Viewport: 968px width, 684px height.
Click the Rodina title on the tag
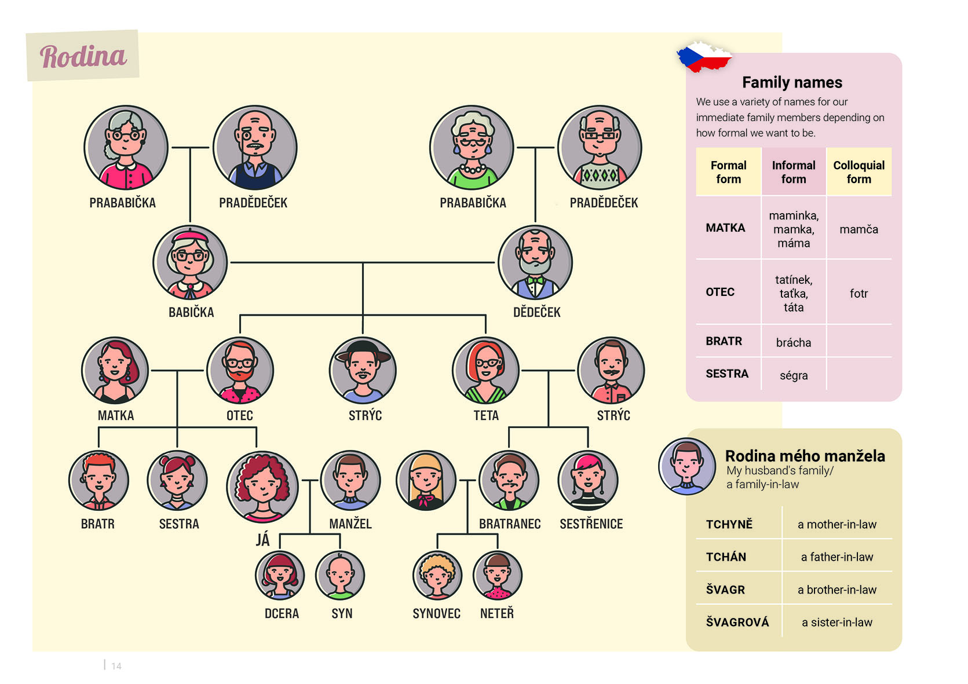click(83, 57)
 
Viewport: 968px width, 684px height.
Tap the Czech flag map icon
click(704, 57)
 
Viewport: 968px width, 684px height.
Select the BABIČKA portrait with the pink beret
click(190, 262)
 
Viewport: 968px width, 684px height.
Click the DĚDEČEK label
click(537, 312)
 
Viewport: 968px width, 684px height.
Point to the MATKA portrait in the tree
click(115, 370)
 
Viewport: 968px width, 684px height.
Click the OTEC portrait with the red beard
click(240, 370)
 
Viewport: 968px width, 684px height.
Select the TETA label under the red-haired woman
click(486, 415)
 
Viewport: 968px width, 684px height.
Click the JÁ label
click(263, 540)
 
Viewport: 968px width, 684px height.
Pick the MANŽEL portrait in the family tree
click(350, 481)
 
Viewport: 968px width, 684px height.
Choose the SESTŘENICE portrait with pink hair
click(588, 481)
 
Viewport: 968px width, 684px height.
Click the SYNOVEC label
click(436, 613)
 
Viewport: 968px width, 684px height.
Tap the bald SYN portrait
click(340, 576)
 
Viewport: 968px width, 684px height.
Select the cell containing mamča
click(859, 228)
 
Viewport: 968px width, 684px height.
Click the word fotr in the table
click(859, 294)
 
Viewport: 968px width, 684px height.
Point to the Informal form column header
click(794, 172)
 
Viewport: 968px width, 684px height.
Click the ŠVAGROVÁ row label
click(737, 622)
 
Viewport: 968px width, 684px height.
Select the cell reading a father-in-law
click(837, 557)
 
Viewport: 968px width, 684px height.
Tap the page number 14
click(116, 666)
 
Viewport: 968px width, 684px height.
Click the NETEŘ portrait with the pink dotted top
click(498, 576)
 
